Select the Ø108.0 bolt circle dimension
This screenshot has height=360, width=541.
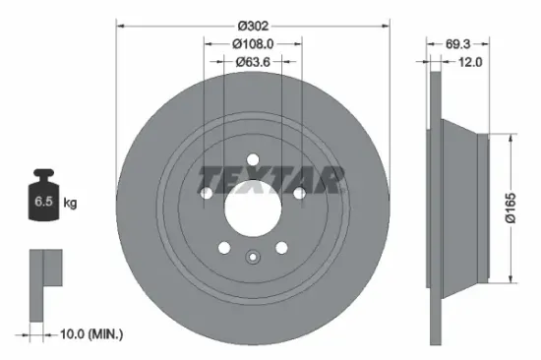pyautogui.click(x=253, y=42)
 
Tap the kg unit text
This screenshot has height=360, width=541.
pyautogui.click(x=69, y=204)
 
